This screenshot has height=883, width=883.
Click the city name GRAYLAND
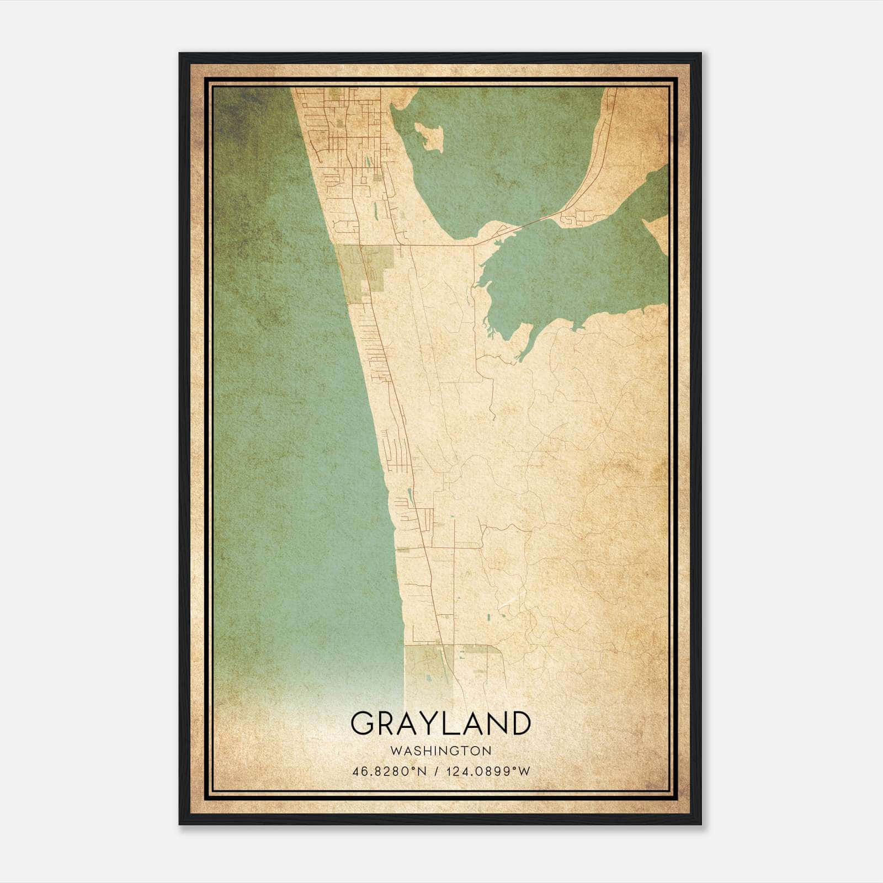point(440,724)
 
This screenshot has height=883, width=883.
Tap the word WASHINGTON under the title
point(440,751)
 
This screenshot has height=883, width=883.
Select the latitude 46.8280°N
point(390,772)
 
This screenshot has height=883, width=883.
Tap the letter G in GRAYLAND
point(364,724)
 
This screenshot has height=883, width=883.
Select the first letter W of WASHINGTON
point(396,751)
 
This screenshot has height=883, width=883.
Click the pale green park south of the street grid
point(364,270)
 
